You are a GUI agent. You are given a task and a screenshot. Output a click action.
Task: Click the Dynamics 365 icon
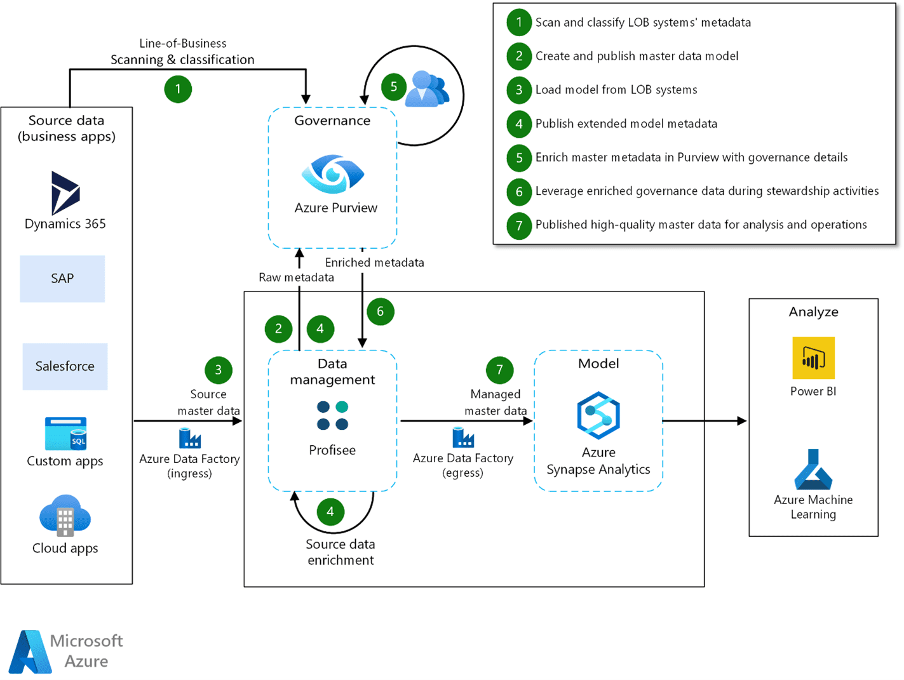click(65, 192)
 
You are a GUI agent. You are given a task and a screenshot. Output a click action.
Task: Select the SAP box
click(62, 279)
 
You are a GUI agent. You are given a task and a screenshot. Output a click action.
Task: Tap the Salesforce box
click(65, 366)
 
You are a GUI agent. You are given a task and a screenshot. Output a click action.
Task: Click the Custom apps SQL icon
click(65, 434)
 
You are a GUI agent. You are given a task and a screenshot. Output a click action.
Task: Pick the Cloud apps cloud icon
click(65, 516)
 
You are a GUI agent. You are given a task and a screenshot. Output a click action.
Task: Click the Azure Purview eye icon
click(333, 174)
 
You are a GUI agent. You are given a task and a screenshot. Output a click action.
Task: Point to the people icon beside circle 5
click(427, 89)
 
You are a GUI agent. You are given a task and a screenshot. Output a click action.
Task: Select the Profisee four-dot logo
click(332, 415)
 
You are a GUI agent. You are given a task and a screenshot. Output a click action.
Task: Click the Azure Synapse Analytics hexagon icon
click(598, 415)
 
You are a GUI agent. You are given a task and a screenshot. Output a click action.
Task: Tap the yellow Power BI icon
click(813, 358)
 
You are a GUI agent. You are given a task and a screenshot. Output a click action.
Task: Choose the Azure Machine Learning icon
click(813, 469)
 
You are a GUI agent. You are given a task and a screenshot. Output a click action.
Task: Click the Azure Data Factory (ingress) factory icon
click(189, 438)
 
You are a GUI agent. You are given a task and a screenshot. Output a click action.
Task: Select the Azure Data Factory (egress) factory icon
click(463, 437)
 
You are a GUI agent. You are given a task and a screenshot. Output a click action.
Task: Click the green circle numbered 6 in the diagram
click(380, 312)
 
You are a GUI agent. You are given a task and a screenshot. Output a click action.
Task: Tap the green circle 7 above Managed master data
click(499, 370)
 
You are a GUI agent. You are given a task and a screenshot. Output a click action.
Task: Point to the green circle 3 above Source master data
click(218, 370)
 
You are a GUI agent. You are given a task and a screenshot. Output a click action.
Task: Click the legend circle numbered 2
click(519, 56)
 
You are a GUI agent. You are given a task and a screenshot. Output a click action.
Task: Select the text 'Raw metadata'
click(296, 277)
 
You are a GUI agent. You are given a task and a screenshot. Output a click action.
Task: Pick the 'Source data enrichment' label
click(341, 552)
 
